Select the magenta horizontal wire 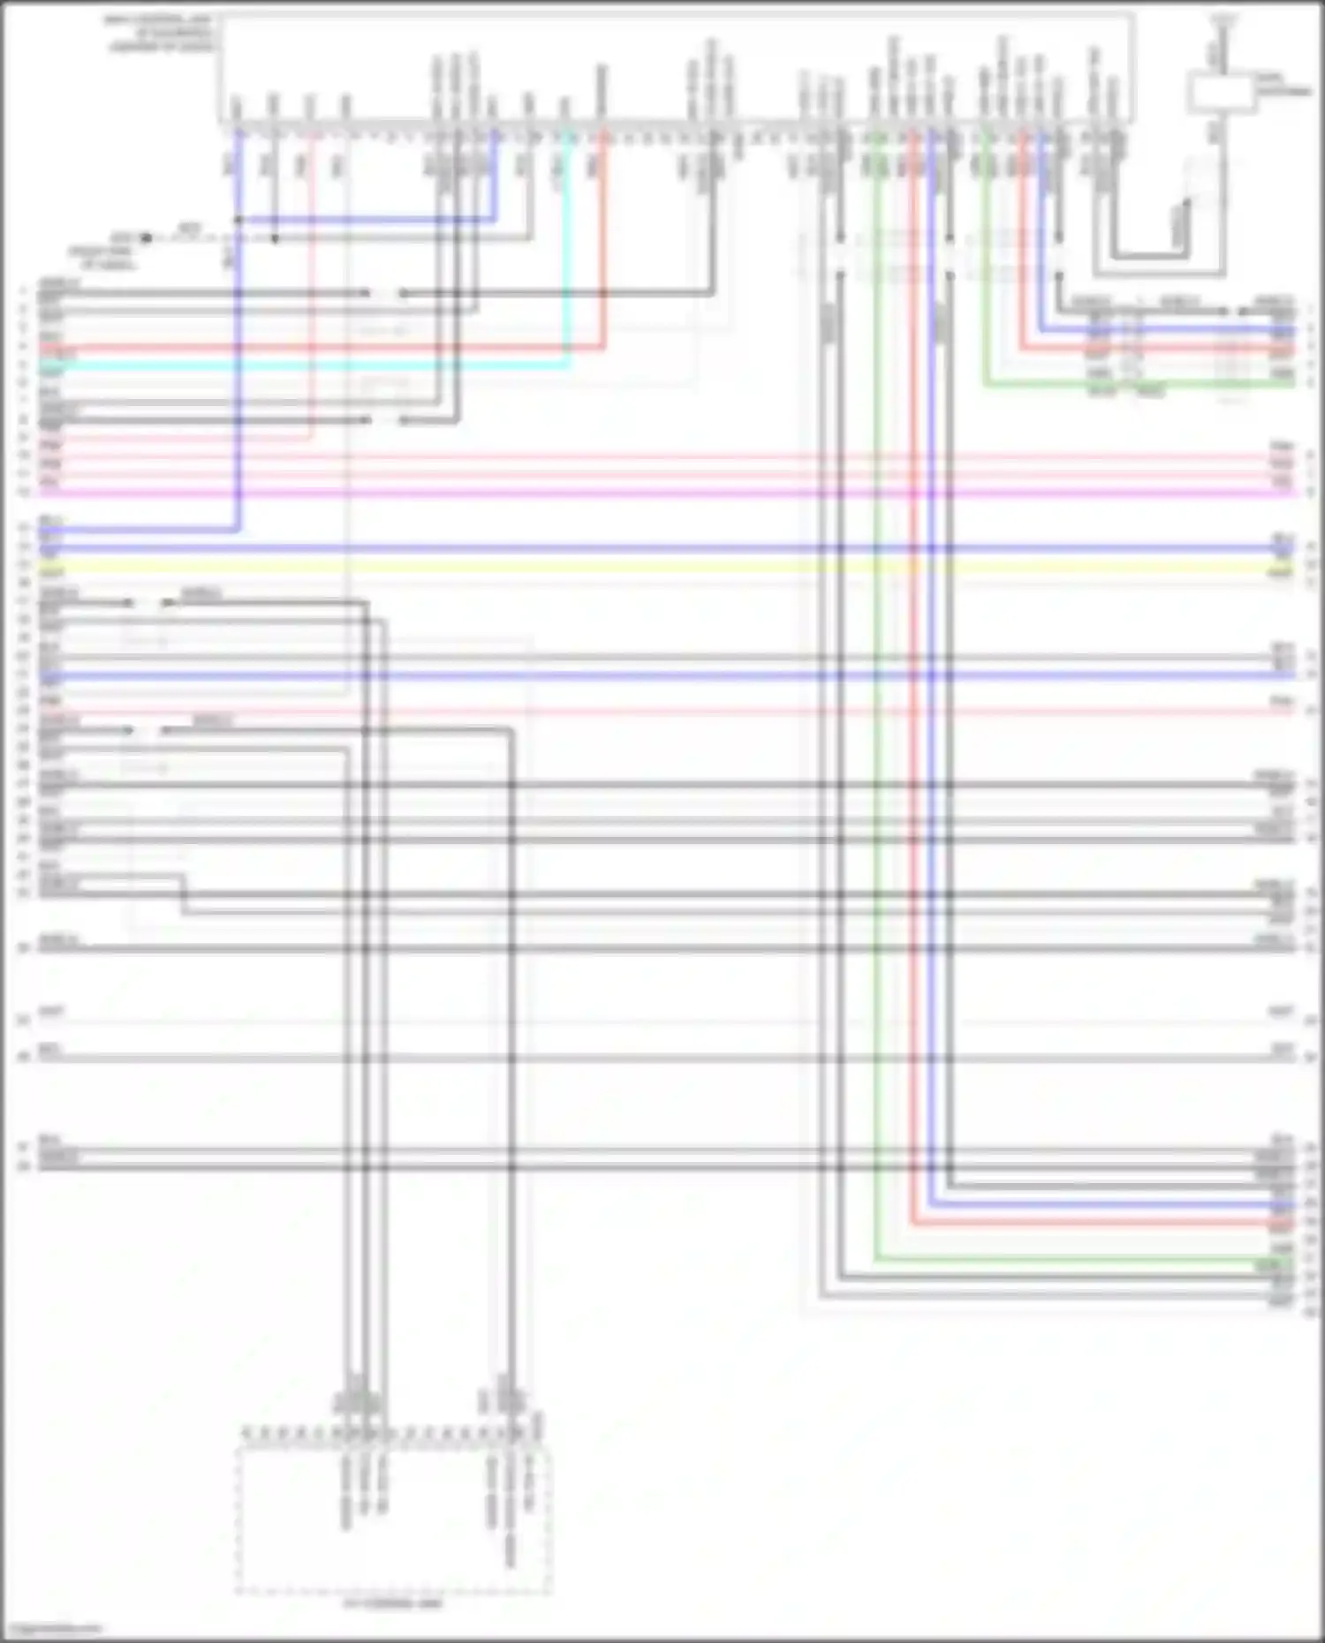pyautogui.click(x=662, y=493)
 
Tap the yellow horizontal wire pyautogui.click(x=662, y=565)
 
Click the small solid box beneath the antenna pyautogui.click(x=1221, y=94)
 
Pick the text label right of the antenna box pyautogui.click(x=1283, y=85)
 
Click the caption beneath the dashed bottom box pyautogui.click(x=394, y=1602)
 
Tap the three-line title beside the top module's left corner pyautogui.click(x=159, y=34)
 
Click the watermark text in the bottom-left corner pyautogui.click(x=53, y=1627)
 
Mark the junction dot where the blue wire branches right pyautogui.click(x=238, y=219)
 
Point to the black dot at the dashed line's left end pyautogui.click(x=146, y=237)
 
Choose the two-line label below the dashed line pyautogui.click(x=104, y=258)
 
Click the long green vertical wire pyautogui.click(x=876, y=706)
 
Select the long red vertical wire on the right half pyautogui.click(x=913, y=706)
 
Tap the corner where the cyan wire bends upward pyautogui.click(x=568, y=363)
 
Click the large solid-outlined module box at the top pyautogui.click(x=676, y=69)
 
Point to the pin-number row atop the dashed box pyautogui.click(x=393, y=1433)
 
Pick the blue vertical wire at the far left pyautogui.click(x=238, y=371)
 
